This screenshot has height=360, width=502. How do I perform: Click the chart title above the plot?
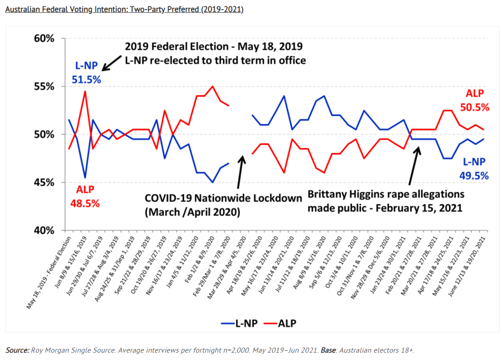click(x=124, y=9)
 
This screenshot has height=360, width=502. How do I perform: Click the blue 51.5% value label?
click(x=86, y=79)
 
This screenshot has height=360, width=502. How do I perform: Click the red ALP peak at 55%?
click(x=212, y=86)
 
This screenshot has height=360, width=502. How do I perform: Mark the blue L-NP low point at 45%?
click(x=212, y=182)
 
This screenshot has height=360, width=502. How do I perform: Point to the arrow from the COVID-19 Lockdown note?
click(x=240, y=172)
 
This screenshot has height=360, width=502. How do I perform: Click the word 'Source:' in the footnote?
click(x=17, y=350)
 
